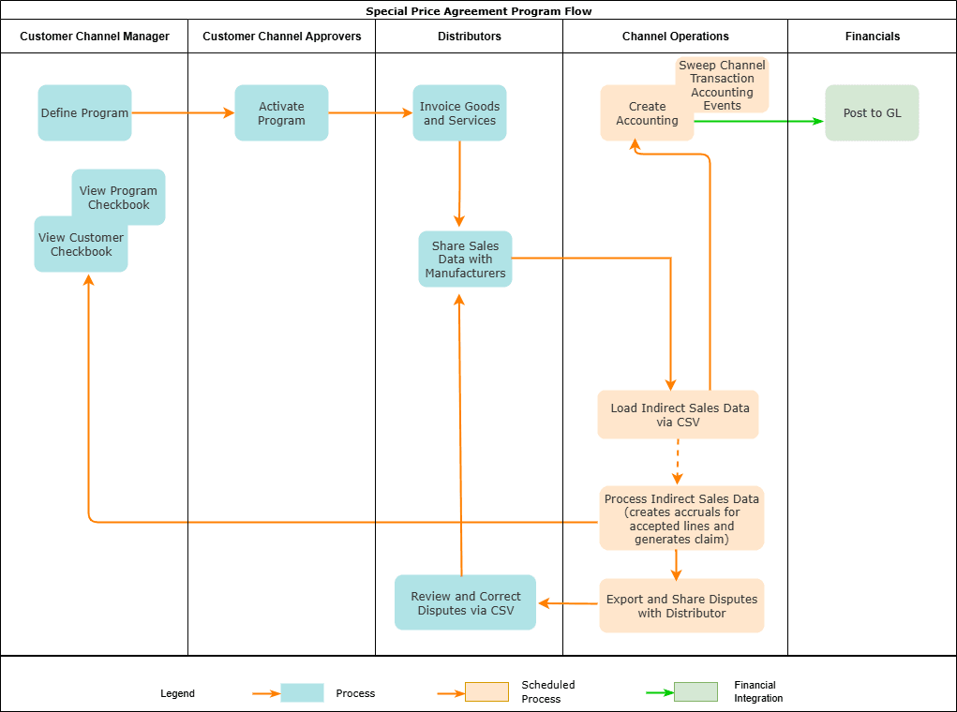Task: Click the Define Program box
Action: [x=84, y=113]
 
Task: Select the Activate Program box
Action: [x=281, y=113]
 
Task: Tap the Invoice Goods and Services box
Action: [x=459, y=113]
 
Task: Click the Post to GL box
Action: [x=872, y=113]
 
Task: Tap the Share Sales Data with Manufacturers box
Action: [x=465, y=260]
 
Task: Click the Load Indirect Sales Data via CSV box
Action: [x=678, y=415]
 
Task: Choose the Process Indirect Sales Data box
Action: [x=681, y=518]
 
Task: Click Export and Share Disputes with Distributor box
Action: [x=681, y=606]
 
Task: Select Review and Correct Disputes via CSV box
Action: [x=465, y=602]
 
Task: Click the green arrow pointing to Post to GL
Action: [x=759, y=121]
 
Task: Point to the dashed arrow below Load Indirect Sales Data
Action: [x=677, y=462]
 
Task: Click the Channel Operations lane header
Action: [x=675, y=37]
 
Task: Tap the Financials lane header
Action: [x=872, y=37]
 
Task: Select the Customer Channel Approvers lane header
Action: [x=281, y=37]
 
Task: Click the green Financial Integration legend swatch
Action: [x=695, y=692]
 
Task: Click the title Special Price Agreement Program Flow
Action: [x=478, y=11]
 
